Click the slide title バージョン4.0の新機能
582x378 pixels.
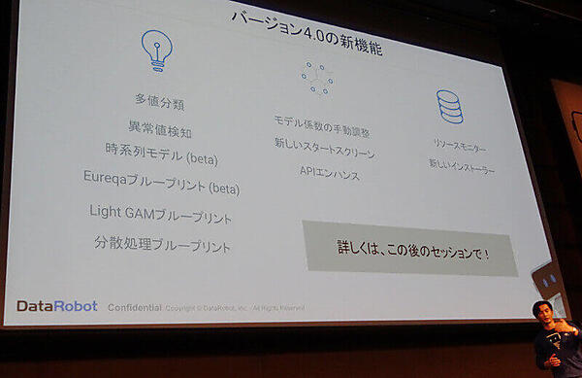[307, 34]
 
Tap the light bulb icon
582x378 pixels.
[156, 48]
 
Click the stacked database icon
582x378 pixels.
[449, 107]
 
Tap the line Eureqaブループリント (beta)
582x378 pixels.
[161, 183]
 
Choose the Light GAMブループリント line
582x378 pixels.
[160, 215]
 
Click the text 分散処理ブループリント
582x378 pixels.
[162, 245]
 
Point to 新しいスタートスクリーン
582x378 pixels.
[324, 153]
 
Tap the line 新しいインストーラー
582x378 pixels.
[462, 167]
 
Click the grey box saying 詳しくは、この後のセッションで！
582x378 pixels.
[410, 248]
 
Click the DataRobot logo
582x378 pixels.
[56, 305]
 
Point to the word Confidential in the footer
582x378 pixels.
[134, 306]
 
